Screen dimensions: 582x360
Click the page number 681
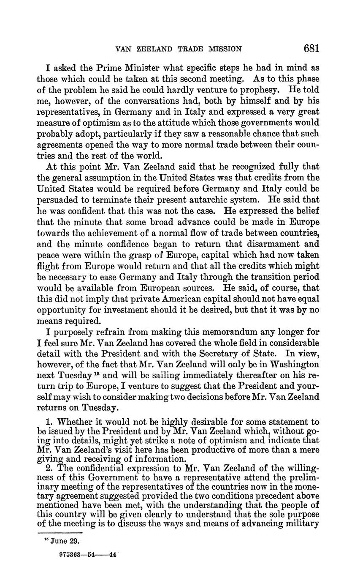pos(311,48)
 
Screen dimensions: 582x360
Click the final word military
pos(301,523)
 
